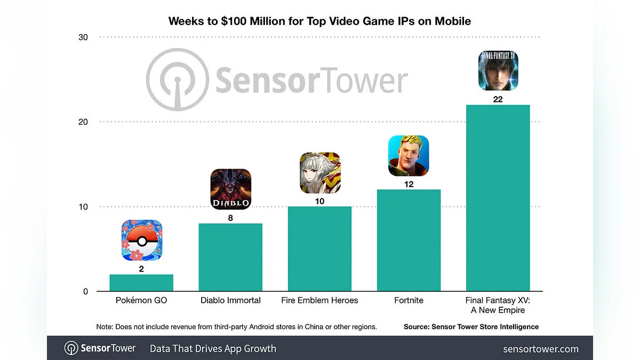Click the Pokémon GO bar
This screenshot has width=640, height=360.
[x=141, y=283]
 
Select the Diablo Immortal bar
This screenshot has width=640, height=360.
[x=230, y=257]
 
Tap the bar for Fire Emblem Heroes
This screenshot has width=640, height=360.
[x=319, y=249]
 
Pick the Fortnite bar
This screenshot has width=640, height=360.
[x=409, y=240]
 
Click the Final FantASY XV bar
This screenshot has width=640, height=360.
[x=498, y=198]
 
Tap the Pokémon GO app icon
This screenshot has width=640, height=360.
[x=141, y=241]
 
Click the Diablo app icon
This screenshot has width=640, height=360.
[x=230, y=189]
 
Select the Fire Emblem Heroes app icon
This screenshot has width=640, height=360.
[x=319, y=172]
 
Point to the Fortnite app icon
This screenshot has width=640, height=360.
[x=409, y=156]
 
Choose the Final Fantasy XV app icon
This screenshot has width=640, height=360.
[x=498, y=70]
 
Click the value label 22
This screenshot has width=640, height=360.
[x=498, y=99]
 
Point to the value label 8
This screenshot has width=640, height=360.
[x=230, y=218]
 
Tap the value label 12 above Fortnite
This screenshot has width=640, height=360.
[x=409, y=184]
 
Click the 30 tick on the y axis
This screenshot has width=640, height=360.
[x=83, y=37]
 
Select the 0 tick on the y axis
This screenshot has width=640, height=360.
[x=85, y=292]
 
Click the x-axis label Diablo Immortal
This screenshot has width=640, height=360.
[x=230, y=300]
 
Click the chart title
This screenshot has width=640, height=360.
[x=319, y=21]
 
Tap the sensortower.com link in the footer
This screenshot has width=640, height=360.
[x=540, y=349]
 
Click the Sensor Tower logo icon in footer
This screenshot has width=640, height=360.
[x=71, y=349]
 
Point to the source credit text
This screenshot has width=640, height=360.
[x=471, y=326]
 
